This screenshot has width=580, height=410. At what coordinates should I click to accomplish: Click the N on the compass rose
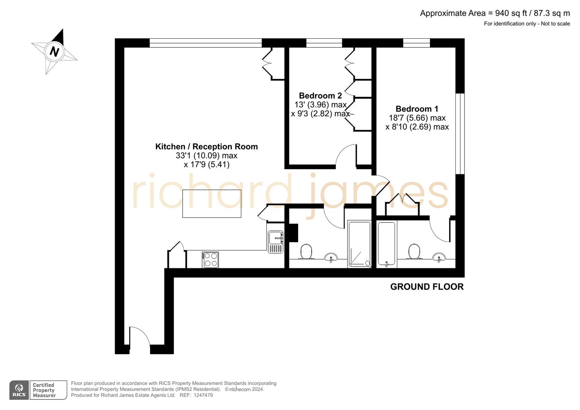point(54,51)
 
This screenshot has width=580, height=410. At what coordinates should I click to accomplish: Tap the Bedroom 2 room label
point(320,96)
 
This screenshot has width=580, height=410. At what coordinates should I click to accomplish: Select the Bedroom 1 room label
point(417,109)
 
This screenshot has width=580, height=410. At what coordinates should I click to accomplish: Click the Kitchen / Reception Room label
point(206,147)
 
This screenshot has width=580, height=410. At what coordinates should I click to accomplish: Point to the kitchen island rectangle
point(212,203)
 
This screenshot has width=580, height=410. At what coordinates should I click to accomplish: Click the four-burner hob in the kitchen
point(210,260)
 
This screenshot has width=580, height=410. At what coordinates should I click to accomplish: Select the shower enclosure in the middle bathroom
point(359,243)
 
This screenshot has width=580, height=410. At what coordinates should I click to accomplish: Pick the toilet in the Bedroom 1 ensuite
point(414,252)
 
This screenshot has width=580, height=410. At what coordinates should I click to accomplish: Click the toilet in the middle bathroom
point(306,252)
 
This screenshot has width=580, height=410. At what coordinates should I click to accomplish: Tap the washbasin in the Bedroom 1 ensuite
point(439,257)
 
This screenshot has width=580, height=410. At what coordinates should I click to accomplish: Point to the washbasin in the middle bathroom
point(331,257)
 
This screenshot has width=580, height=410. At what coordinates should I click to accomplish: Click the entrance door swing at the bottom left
point(139,336)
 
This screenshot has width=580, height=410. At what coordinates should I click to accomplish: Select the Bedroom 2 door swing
point(345,156)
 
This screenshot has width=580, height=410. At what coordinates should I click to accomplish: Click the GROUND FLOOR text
point(427,287)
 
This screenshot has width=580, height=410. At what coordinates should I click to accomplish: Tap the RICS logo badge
point(19,390)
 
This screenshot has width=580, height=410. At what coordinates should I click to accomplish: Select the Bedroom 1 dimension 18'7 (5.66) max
point(417,118)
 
